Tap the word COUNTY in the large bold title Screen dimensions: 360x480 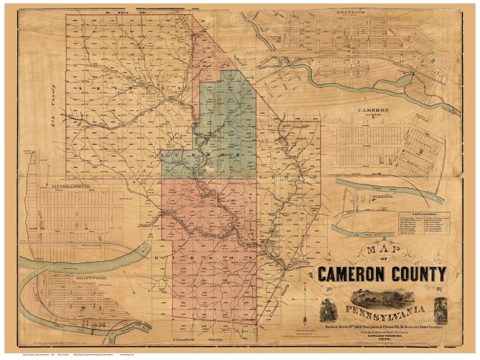coord(419,275)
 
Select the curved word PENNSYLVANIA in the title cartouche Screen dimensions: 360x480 coord(385,312)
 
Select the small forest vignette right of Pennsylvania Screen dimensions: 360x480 coord(441,310)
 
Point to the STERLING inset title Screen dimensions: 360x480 coord(382,197)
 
